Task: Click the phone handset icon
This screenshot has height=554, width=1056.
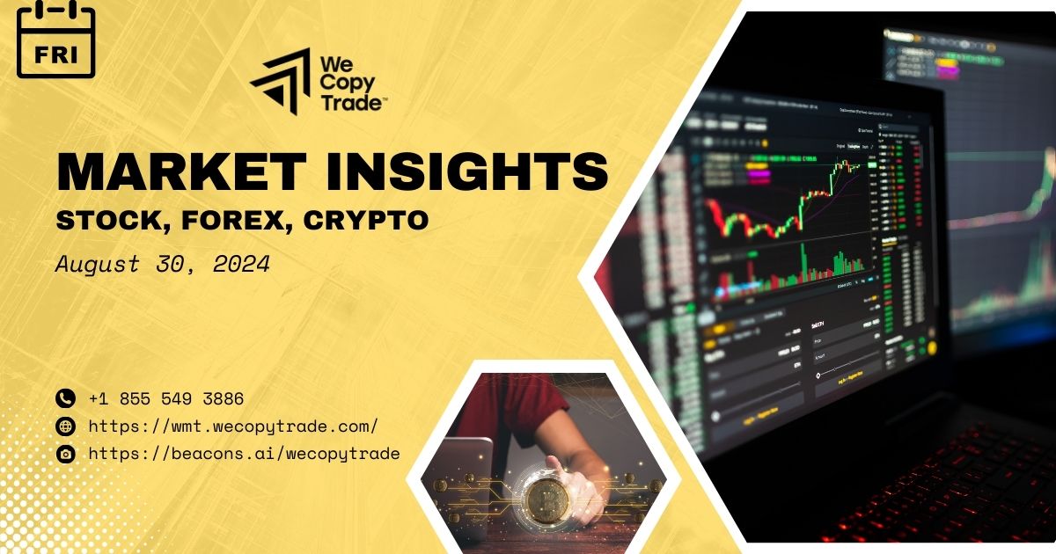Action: (x=65, y=398)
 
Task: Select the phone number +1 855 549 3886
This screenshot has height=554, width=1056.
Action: (x=166, y=398)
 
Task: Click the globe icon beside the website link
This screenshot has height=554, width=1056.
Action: (x=65, y=426)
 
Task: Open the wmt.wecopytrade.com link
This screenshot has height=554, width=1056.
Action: (x=234, y=426)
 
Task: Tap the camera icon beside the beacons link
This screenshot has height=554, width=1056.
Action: (x=65, y=454)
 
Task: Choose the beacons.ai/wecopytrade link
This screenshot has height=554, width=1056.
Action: (x=245, y=454)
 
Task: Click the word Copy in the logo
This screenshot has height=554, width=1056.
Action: (x=349, y=84)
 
